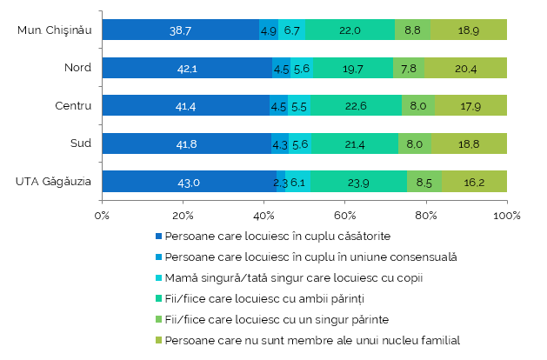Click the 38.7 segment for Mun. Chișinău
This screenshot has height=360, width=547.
pyautogui.click(x=181, y=30)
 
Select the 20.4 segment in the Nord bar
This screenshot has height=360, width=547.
pyautogui.click(x=466, y=68)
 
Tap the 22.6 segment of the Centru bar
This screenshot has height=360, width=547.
pyautogui.click(x=357, y=105)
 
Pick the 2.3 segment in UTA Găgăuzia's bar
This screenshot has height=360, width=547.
pyautogui.click(x=281, y=182)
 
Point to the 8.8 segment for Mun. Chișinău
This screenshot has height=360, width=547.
pyautogui.click(x=413, y=30)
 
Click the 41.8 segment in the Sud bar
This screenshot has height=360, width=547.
pyautogui.click(x=187, y=143)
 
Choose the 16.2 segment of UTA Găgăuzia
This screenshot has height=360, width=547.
pyautogui.click(x=475, y=182)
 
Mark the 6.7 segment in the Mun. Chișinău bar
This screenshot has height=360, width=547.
pyautogui.click(x=291, y=30)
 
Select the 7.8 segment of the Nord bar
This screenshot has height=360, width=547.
pyautogui.click(x=409, y=68)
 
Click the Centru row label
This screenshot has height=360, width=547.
pyautogui.click(x=73, y=105)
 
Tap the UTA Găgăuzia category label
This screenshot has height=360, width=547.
pyautogui.click(x=53, y=182)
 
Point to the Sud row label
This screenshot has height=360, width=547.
pyautogui.click(x=81, y=143)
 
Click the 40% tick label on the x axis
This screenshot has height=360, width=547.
pyautogui.click(x=263, y=216)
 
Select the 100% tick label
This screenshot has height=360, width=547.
pyautogui.click(x=507, y=216)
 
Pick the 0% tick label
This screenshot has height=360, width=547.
pyautogui.click(x=102, y=216)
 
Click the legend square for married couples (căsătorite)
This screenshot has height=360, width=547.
pyautogui.click(x=159, y=237)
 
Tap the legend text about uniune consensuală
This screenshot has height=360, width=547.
pyautogui.click(x=310, y=257)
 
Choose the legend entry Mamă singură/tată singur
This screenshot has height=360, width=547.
pyautogui.click(x=294, y=278)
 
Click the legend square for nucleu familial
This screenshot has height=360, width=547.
pyautogui.click(x=159, y=340)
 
